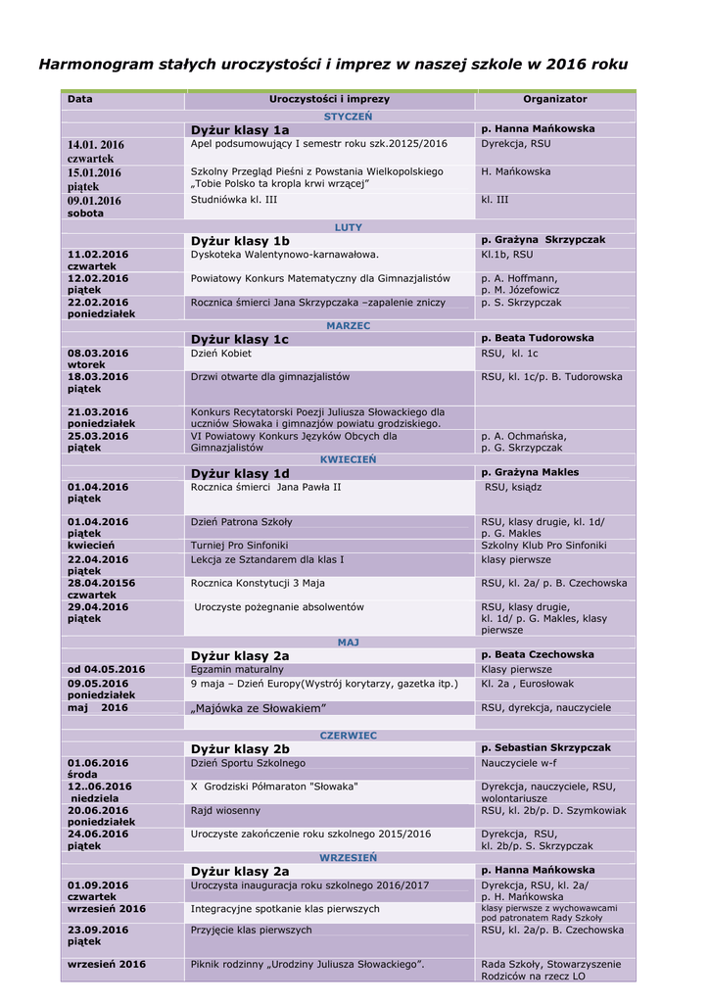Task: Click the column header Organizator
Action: tap(554, 99)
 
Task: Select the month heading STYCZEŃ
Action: tap(348, 117)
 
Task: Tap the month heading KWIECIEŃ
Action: tap(348, 458)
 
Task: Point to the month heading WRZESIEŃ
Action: tap(348, 857)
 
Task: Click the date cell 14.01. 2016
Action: tap(96, 145)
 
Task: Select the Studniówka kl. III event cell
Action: tap(233, 199)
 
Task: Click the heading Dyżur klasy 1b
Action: tap(240, 241)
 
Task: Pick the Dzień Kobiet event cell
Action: tap(220, 353)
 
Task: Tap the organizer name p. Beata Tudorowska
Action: tap(537, 338)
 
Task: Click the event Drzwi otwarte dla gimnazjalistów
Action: tap(269, 376)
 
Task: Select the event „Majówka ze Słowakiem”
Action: tap(258, 707)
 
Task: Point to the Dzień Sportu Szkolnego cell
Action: tap(248, 762)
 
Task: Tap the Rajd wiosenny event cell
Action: tap(225, 810)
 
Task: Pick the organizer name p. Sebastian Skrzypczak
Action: tap(545, 747)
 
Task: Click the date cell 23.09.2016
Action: tap(98, 930)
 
